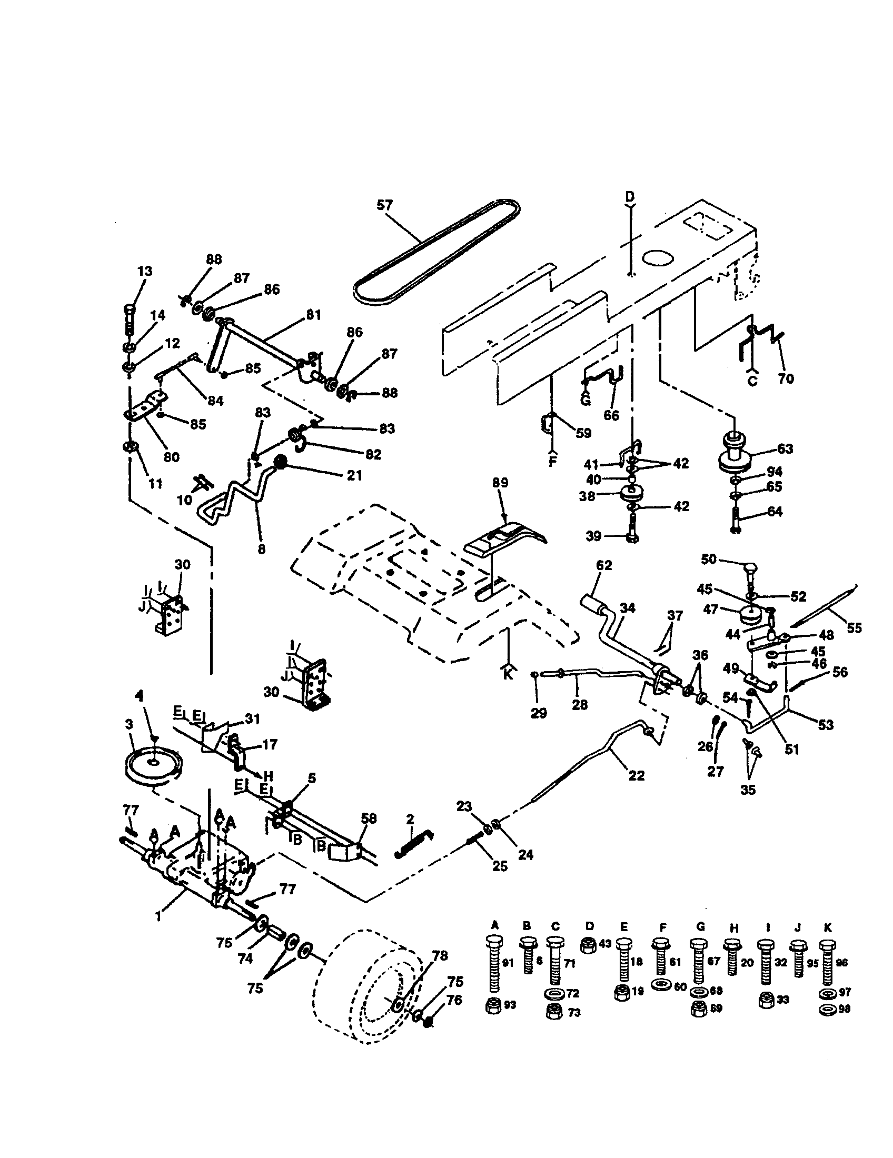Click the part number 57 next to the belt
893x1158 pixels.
coord(384,205)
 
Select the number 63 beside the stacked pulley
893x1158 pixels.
coord(785,448)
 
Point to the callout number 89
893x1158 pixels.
coord(500,483)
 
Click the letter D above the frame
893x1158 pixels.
coord(629,197)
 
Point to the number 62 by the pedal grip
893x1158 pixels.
coord(603,566)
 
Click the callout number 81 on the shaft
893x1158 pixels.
coord(313,315)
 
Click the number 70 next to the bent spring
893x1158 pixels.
coord(786,378)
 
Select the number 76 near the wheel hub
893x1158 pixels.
coord(454,1000)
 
